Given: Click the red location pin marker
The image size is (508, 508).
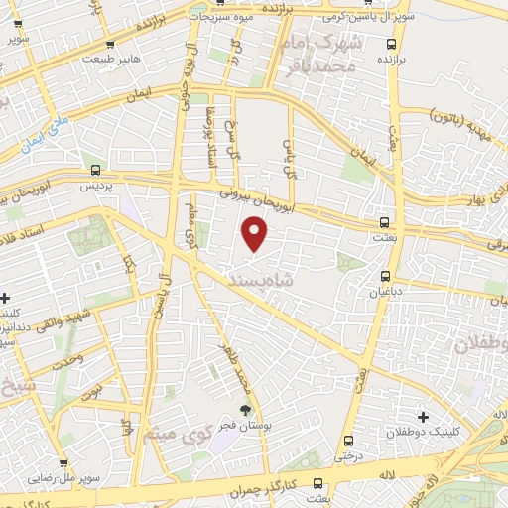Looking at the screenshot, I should coord(255,234).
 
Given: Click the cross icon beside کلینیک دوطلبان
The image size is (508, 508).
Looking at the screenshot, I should coord(424,417).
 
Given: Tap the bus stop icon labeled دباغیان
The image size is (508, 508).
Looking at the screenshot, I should coord(385,277).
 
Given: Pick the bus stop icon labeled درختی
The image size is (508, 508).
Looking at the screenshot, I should coord(347,441).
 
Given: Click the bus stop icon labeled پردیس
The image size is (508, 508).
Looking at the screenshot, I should coord(95,170).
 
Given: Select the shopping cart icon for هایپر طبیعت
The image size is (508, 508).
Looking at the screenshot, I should coord(109,44).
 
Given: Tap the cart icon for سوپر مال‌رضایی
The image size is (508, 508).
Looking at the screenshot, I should coord(63,462).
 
